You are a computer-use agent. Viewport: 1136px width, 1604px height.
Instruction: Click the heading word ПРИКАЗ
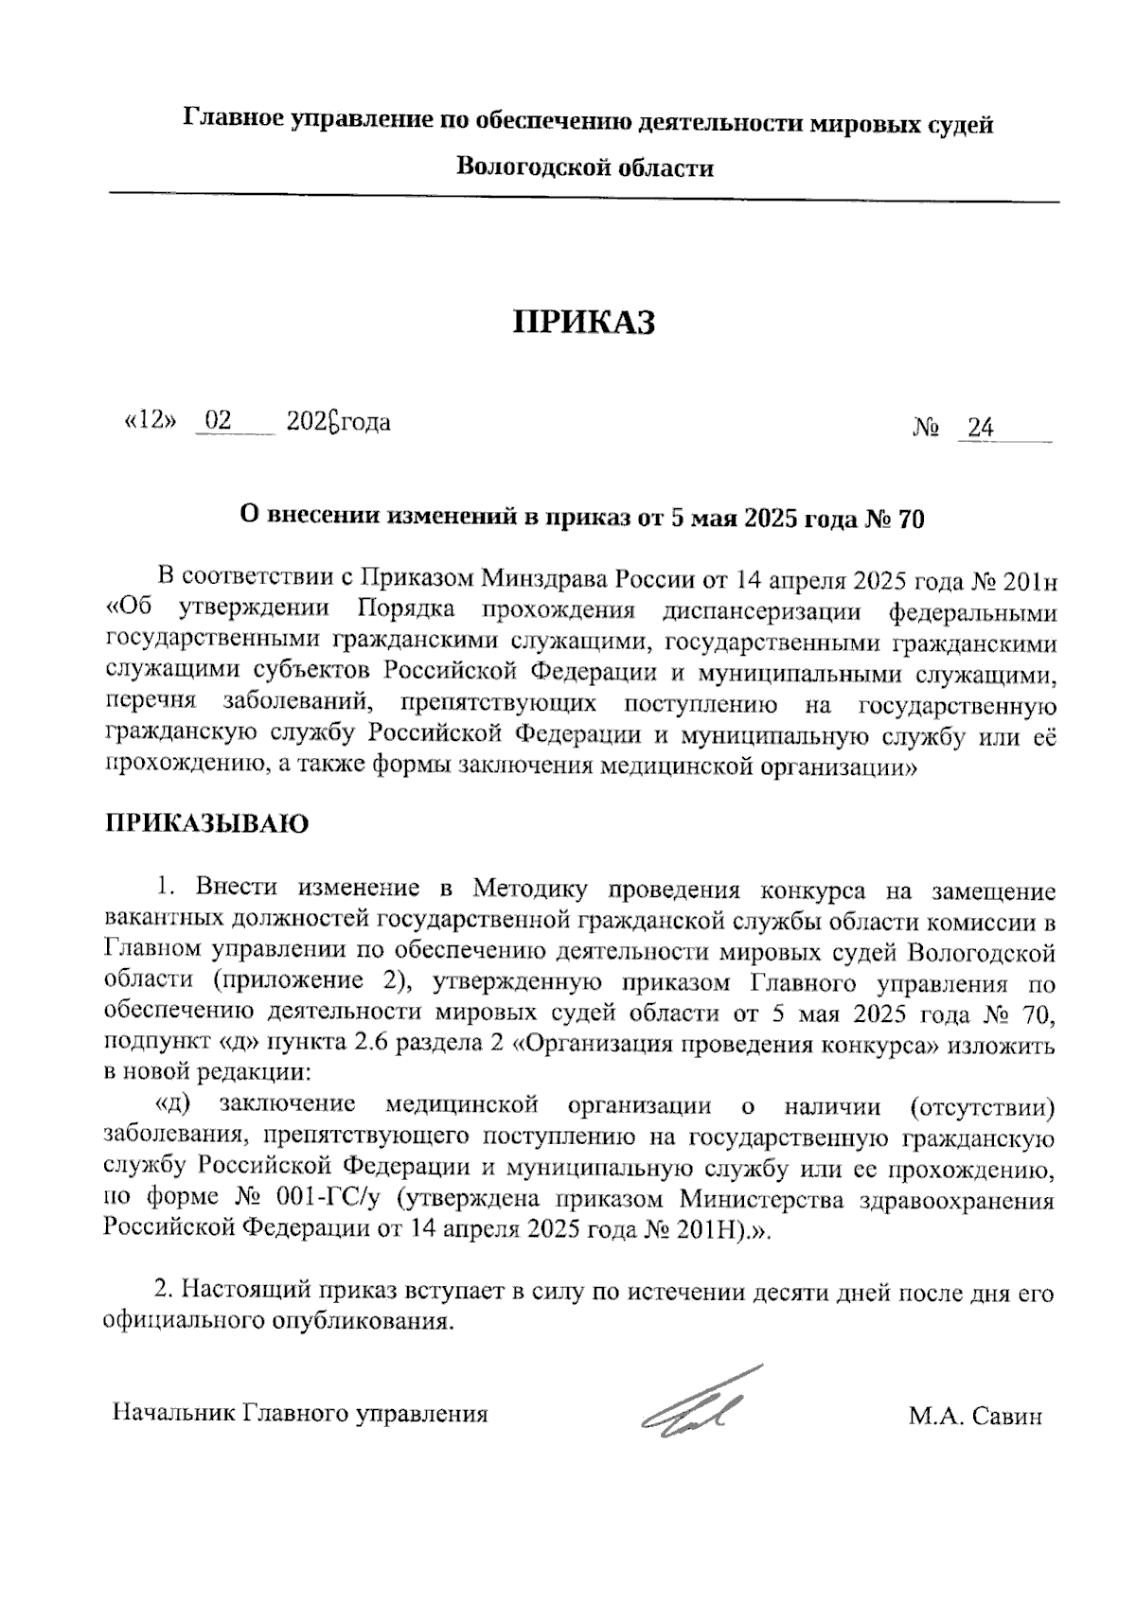pos(584,324)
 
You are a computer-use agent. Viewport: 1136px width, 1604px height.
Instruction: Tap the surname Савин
pos(1006,1417)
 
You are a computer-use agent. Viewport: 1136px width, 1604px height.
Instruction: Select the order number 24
pos(981,429)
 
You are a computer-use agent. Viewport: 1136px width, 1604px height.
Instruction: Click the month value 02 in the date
pos(219,421)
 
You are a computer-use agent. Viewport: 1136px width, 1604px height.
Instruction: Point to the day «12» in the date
pos(151,421)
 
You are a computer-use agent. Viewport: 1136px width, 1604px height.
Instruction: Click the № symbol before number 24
pos(926,429)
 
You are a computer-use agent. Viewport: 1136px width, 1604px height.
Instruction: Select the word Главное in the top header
pos(231,123)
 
